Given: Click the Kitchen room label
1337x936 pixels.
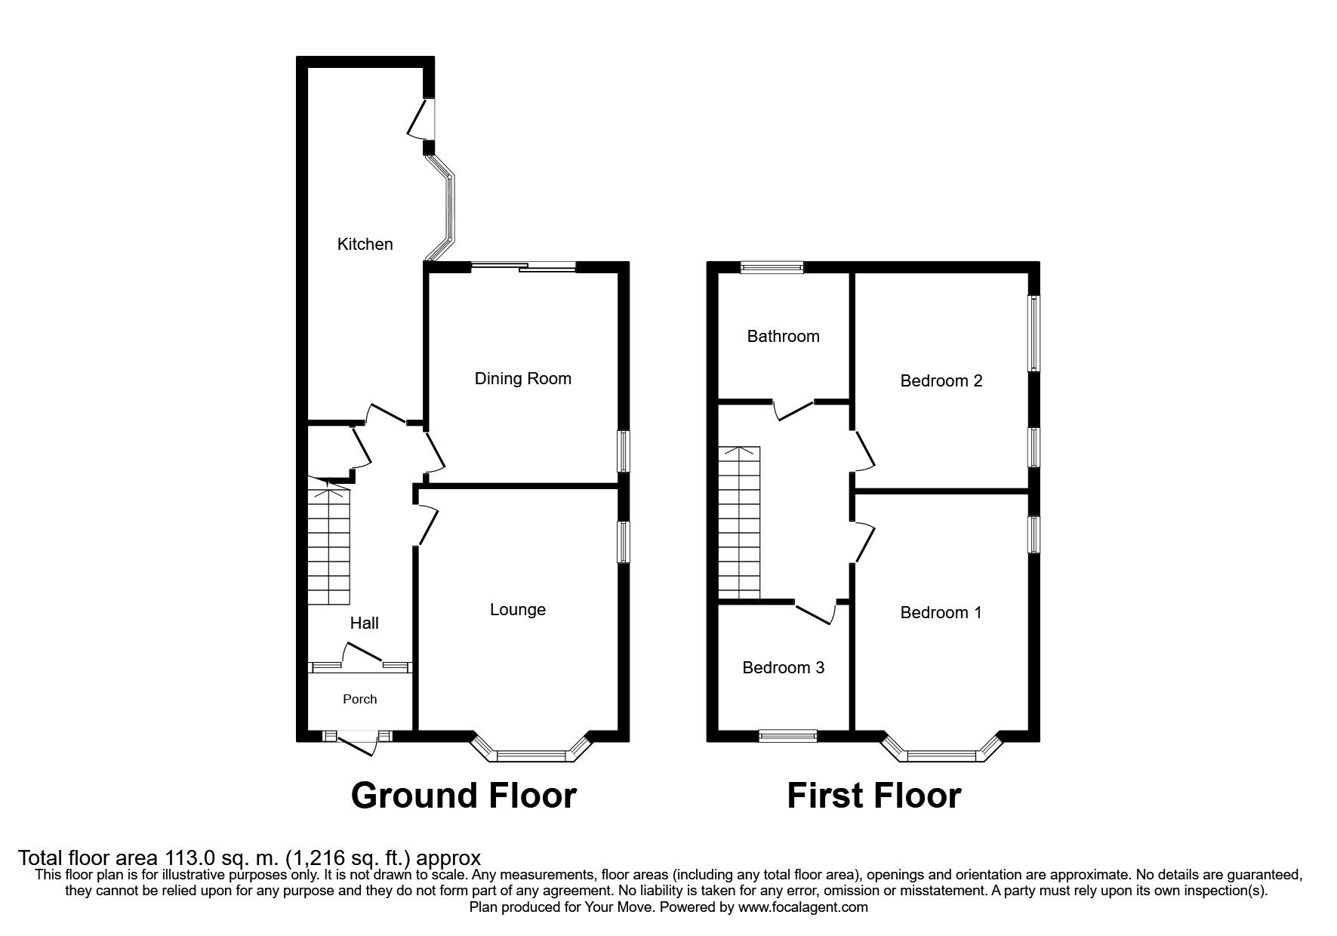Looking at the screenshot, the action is (365, 244).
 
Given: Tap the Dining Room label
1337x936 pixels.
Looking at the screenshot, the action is (522, 378).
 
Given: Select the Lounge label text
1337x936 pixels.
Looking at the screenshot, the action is (517, 609).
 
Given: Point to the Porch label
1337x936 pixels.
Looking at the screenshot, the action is (359, 699).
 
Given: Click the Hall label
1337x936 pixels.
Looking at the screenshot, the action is (364, 623).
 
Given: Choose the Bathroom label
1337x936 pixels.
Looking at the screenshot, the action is (783, 336).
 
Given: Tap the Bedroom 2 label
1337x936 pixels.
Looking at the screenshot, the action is (941, 380).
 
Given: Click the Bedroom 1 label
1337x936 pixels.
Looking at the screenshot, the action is (941, 612).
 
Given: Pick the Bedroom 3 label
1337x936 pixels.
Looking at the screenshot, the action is (783, 667).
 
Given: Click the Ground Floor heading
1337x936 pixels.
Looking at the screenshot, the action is (464, 795).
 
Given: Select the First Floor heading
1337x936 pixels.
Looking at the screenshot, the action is (873, 795).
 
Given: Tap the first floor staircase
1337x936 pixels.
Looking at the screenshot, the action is (739, 522).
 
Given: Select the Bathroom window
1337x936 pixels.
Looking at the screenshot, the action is (772, 266).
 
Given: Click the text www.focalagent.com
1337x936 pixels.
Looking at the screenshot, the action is (803, 907).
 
